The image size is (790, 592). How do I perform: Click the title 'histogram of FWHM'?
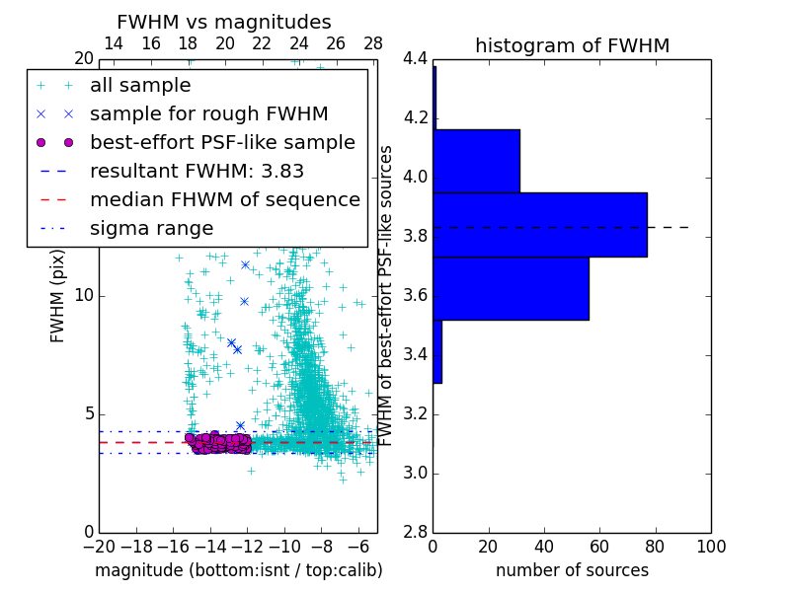[x=572, y=45]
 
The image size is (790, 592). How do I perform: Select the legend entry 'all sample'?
[x=140, y=86]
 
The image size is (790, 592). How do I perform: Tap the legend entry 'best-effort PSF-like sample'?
[x=222, y=142]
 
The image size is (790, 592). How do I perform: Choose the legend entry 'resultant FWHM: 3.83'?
[x=197, y=171]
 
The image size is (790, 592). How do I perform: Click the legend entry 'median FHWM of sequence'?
[x=224, y=199]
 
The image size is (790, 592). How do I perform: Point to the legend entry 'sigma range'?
[x=151, y=228]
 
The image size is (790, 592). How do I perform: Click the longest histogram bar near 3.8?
[x=540, y=224]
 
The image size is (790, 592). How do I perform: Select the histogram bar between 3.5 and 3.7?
[x=511, y=288]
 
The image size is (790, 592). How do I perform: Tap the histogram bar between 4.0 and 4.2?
[x=476, y=161]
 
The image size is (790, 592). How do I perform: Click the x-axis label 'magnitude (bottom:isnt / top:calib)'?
[x=238, y=570]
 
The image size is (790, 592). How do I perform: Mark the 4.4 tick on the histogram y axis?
[x=416, y=59]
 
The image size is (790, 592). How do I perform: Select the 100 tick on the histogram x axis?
[x=710, y=546]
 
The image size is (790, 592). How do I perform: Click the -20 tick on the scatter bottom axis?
[x=99, y=546]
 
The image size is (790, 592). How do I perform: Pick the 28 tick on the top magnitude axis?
[x=373, y=44]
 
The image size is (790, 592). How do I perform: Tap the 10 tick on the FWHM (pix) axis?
[x=84, y=296]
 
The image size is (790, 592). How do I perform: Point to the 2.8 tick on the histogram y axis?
[x=416, y=533]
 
